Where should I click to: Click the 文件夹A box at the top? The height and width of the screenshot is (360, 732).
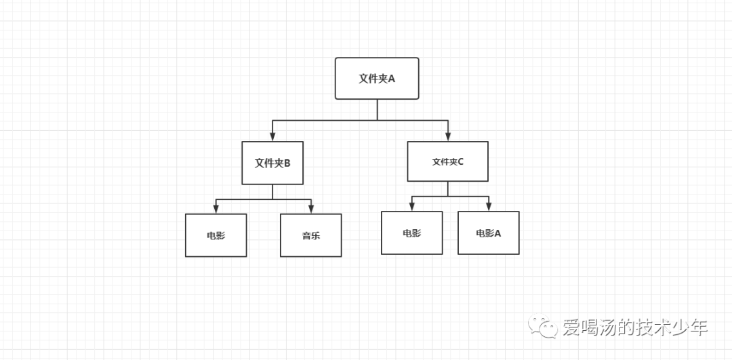pos(377,78)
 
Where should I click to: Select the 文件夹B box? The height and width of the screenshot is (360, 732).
pos(272,163)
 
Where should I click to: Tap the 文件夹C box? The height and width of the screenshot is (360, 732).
pos(447,161)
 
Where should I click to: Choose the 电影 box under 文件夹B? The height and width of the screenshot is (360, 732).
pos(216,235)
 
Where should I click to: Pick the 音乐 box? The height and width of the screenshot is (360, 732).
pos(310,235)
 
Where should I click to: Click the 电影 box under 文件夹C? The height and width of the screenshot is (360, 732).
pos(411,233)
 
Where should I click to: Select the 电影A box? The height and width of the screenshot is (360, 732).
pos(488,233)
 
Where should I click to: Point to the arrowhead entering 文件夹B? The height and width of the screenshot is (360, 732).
pos(272,136)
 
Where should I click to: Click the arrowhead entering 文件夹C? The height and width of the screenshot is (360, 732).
pos(448,136)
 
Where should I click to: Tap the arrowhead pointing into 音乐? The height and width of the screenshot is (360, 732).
pos(311,209)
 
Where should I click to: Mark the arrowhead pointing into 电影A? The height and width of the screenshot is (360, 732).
pos(489,206)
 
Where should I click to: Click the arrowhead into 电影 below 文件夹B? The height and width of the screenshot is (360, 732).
pos(216,209)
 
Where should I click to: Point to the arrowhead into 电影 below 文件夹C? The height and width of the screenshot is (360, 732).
pos(411,206)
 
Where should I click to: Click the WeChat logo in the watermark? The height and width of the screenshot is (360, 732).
pos(544,327)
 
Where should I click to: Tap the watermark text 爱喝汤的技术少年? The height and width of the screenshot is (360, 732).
pos(635,328)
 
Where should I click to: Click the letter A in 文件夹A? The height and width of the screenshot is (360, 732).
pos(391,79)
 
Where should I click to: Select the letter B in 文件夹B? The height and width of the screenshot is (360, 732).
pos(287,163)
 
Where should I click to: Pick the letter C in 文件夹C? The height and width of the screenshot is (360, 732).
pos(461,162)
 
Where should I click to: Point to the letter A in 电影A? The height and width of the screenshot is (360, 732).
pos(498,233)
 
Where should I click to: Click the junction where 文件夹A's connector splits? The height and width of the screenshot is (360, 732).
pos(378,121)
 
